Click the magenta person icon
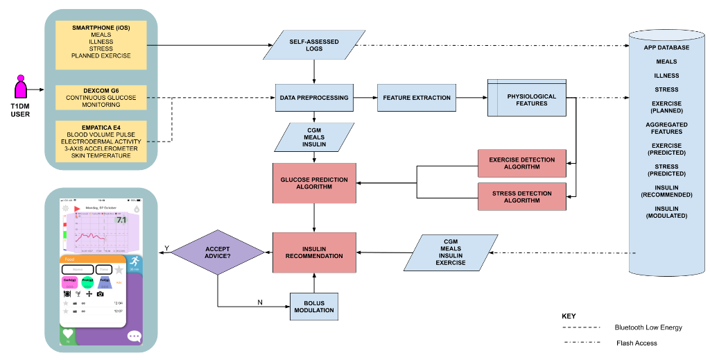pos(21,87)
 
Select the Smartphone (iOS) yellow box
pos(101,44)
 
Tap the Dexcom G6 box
pos(101,98)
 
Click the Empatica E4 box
pos(101,142)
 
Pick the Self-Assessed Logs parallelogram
pos(314,45)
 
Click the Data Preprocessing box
pos(314,98)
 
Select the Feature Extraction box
pos(417,98)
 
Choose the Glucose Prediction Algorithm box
pos(314,183)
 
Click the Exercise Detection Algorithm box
pos(522,163)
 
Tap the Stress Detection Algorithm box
pos(522,197)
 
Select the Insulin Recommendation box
pos(314,252)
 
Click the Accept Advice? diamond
pos(218,252)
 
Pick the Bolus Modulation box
pos(314,306)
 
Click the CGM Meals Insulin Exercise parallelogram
pos(451,252)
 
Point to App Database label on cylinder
pos(666,48)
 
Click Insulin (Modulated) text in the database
pos(666,212)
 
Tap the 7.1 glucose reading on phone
pos(121,220)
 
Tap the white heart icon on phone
pos(67,334)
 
